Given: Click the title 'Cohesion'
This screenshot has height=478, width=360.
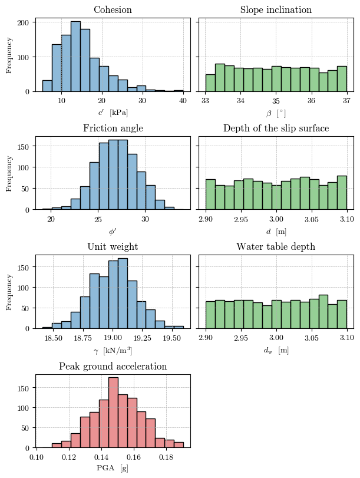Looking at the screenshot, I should [113, 10].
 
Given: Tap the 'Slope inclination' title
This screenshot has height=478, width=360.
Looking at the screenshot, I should [276, 10].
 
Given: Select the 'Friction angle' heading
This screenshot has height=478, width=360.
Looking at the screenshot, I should [113, 128].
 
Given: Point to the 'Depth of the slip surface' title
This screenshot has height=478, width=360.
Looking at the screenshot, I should [276, 128].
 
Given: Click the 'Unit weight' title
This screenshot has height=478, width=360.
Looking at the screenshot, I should [113, 247].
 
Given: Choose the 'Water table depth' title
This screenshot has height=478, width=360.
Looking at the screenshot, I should [276, 247].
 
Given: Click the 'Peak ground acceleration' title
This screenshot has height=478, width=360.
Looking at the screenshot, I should [113, 367].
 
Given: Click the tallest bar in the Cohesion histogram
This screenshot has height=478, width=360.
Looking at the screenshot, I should [75, 57].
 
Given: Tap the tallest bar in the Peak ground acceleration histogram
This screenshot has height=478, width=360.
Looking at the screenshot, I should [113, 413].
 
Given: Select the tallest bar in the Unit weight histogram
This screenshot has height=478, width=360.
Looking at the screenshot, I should [123, 293].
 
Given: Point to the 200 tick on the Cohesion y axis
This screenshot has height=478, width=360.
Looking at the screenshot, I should [25, 22].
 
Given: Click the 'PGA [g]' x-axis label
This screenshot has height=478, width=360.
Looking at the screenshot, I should [113, 469].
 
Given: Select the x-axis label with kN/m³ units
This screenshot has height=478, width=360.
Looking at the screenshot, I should [113, 351].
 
